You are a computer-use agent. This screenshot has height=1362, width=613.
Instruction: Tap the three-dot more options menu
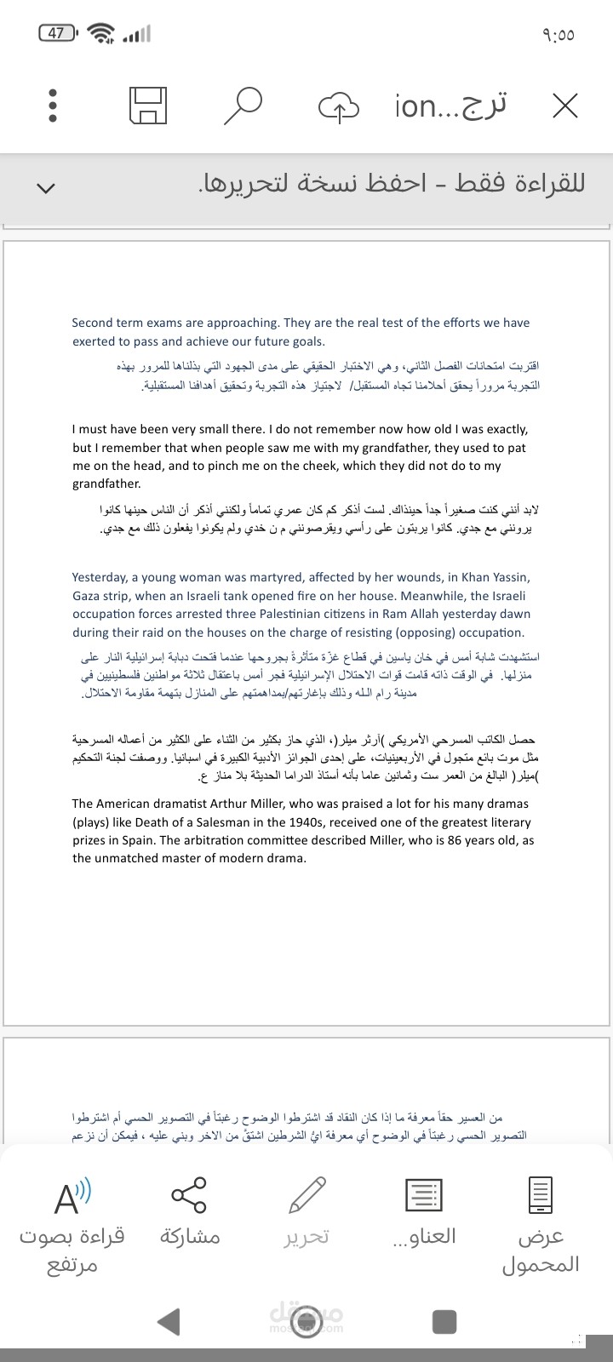point(52,106)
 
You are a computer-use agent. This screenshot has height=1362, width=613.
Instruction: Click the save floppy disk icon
point(147,106)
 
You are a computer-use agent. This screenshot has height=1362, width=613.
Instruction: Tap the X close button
point(564,106)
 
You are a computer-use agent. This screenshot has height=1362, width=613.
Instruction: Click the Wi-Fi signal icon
point(102,34)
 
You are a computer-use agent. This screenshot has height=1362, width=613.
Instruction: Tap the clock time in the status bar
point(558,35)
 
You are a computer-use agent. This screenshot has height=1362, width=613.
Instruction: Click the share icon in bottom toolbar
point(189,1195)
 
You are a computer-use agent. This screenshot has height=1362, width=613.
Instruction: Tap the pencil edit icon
point(306,1195)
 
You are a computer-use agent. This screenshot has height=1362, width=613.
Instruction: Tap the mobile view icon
point(541,1195)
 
